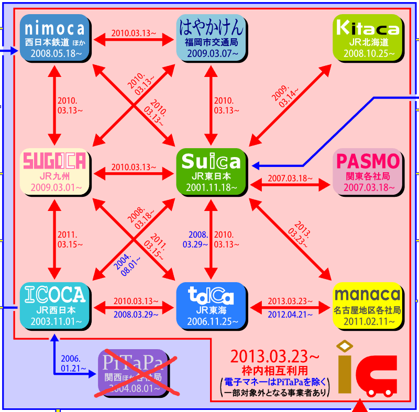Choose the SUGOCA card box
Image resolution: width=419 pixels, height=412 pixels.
click(x=54, y=172)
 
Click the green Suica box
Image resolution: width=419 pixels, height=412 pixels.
click(x=211, y=172)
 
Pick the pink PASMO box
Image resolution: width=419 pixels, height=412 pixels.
click(x=368, y=172)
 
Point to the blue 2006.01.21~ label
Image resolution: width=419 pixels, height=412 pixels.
click(x=71, y=363)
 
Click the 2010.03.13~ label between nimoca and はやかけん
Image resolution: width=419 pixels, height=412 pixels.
click(x=133, y=33)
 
